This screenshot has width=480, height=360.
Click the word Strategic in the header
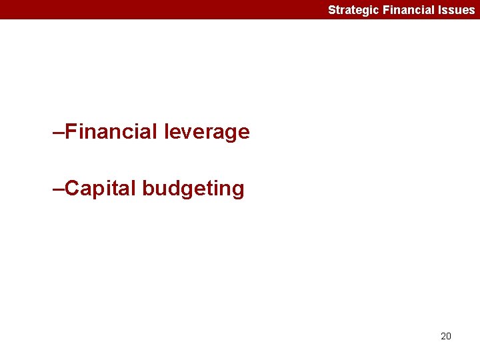(353, 10)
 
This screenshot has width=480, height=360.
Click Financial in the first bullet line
(111, 132)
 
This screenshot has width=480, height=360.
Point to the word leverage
(206, 133)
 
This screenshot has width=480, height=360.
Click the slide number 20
(446, 336)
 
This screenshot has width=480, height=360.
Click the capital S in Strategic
(331, 10)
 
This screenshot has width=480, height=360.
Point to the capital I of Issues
(439, 10)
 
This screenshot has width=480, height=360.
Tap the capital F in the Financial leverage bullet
(72, 132)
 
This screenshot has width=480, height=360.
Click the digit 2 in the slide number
(443, 336)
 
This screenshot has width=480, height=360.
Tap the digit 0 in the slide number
(449, 336)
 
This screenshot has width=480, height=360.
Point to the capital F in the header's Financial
(386, 10)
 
